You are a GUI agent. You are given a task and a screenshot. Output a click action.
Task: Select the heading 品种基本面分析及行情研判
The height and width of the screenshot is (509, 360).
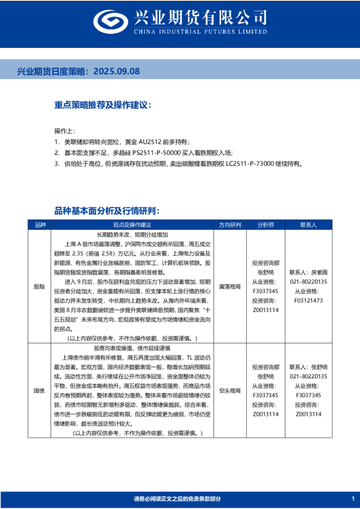[x=107, y=210]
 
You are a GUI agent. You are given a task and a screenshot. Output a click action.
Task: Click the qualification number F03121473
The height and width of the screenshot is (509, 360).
[x=309, y=299]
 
